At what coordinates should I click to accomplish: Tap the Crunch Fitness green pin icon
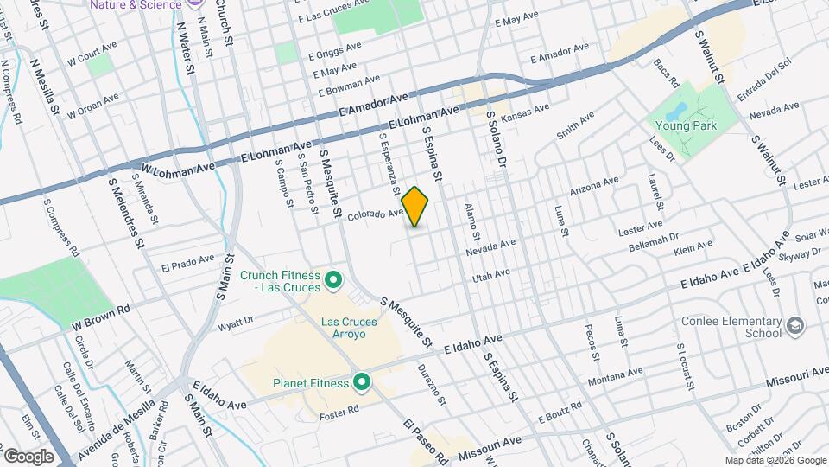(x=333, y=281)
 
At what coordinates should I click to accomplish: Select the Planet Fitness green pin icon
(x=361, y=381)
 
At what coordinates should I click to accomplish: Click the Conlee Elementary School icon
(x=795, y=326)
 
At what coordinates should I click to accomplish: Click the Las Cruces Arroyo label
(x=350, y=329)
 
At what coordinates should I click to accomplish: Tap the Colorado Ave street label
(x=376, y=213)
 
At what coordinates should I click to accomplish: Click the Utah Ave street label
(x=490, y=276)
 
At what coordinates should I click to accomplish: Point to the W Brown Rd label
(x=100, y=314)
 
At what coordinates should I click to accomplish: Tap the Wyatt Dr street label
(x=235, y=324)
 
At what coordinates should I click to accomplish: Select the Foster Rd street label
(x=339, y=408)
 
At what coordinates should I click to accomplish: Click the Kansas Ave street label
(x=525, y=112)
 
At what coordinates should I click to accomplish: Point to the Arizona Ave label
(x=594, y=186)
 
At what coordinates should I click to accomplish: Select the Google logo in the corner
(x=28, y=456)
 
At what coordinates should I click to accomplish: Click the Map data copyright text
(x=775, y=460)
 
